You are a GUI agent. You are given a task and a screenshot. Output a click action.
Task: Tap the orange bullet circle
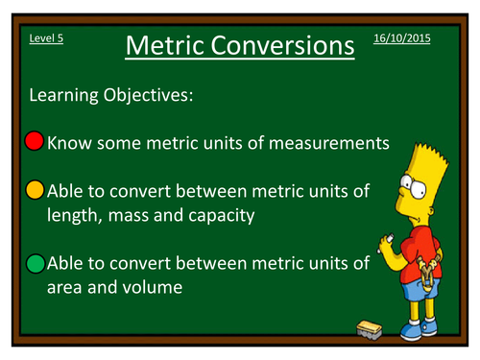click(35, 191)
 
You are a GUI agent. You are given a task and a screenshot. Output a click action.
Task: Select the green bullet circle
click(35, 261)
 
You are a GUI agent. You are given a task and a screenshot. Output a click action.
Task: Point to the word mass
click(124, 216)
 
